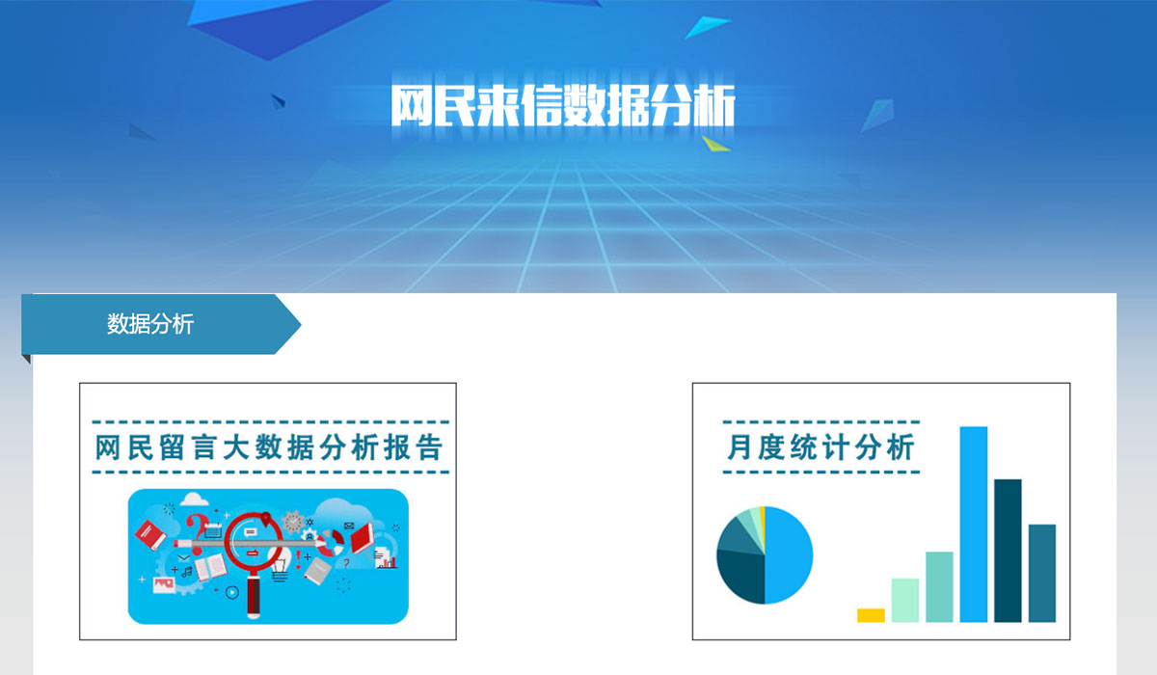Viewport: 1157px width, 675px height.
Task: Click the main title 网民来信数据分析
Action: (563, 105)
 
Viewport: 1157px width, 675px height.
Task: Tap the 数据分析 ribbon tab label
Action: (150, 324)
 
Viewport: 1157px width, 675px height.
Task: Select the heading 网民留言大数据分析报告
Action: (269, 447)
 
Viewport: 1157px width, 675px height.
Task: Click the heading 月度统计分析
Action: (821, 447)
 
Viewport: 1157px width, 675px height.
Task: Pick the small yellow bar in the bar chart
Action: (871, 615)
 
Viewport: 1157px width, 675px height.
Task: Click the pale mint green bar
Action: (905, 600)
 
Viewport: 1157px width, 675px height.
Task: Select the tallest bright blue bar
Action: (974, 525)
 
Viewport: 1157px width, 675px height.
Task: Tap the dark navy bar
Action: (1008, 551)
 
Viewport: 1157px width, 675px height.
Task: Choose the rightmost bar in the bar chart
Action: (1042, 573)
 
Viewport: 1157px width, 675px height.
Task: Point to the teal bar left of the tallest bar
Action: (939, 586)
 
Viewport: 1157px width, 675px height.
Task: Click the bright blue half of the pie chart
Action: (789, 555)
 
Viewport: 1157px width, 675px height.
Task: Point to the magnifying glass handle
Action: (253, 597)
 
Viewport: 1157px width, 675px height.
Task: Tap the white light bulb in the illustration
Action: (281, 564)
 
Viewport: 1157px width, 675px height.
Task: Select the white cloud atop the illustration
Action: (194, 499)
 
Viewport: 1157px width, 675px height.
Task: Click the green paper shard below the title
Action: (715, 144)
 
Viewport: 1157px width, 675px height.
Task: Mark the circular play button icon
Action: (232, 592)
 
